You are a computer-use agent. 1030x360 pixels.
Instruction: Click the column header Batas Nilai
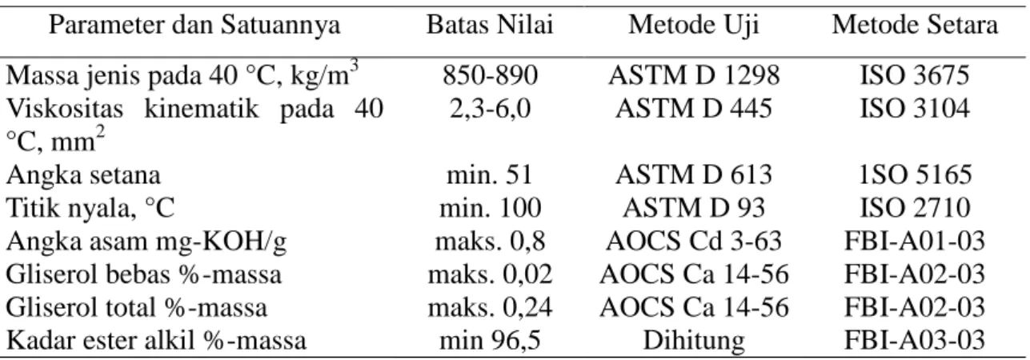pyautogui.click(x=490, y=25)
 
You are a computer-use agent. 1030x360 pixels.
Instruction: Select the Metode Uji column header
pyautogui.click(x=694, y=25)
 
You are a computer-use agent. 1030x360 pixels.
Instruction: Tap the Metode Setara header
pyautogui.click(x=915, y=25)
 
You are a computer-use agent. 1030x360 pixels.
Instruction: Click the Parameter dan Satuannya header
pyautogui.click(x=194, y=25)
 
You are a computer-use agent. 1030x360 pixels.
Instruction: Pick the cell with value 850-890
pyautogui.click(x=490, y=75)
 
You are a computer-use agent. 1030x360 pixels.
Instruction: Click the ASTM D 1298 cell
pyautogui.click(x=695, y=75)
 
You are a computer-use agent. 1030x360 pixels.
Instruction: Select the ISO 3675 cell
pyautogui.click(x=915, y=75)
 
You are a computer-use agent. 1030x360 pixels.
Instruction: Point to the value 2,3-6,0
pyautogui.click(x=490, y=109)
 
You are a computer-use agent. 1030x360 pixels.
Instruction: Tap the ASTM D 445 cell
pyautogui.click(x=694, y=109)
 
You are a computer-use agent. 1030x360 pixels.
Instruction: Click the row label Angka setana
pyautogui.click(x=83, y=175)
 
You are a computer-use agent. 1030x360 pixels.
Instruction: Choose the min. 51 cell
pyautogui.click(x=490, y=175)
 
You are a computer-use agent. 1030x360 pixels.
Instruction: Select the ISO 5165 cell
pyautogui.click(x=916, y=175)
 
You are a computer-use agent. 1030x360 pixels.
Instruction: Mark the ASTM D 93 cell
pyautogui.click(x=694, y=208)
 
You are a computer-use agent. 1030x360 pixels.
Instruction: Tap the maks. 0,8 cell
pyautogui.click(x=490, y=242)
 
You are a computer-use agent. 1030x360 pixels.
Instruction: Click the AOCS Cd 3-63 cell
pyautogui.click(x=694, y=242)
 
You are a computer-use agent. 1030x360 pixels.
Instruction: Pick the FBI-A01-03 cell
pyautogui.click(x=915, y=242)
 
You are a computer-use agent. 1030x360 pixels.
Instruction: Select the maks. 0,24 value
pyautogui.click(x=490, y=307)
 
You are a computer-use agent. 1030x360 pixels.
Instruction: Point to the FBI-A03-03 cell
pyautogui.click(x=915, y=341)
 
